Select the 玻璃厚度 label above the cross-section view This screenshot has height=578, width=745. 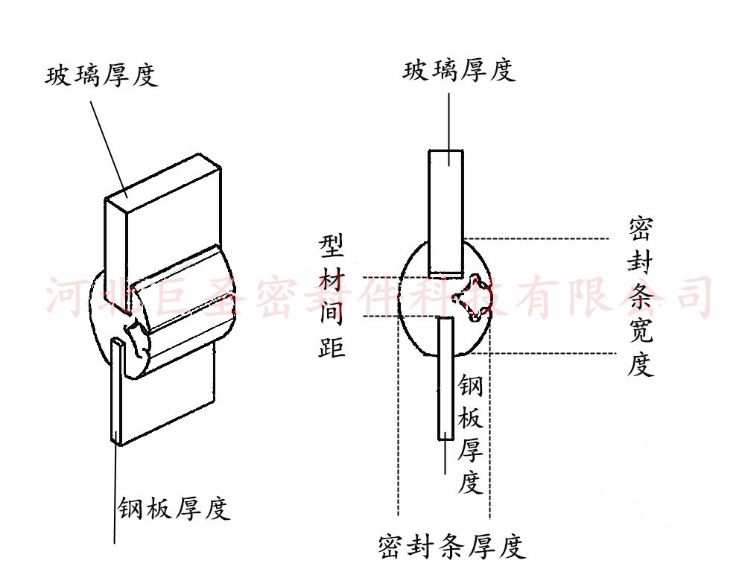459,71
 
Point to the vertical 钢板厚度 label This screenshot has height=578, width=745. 470,435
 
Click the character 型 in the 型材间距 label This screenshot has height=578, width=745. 333,244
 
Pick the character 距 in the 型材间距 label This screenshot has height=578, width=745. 333,346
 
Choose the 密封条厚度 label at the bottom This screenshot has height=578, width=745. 451,547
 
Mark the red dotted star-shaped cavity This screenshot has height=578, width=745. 471,298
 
